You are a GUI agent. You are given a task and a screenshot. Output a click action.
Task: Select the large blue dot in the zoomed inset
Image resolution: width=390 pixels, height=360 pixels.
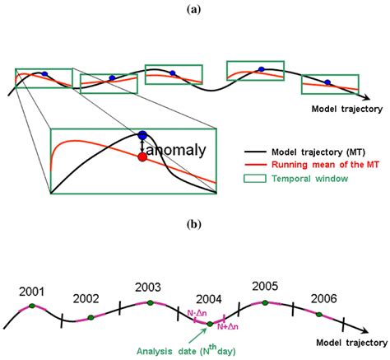142,135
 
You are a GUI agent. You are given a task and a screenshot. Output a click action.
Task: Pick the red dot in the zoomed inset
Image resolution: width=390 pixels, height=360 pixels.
142,156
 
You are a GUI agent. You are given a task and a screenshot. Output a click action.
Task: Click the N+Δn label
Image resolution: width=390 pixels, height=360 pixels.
228,327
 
